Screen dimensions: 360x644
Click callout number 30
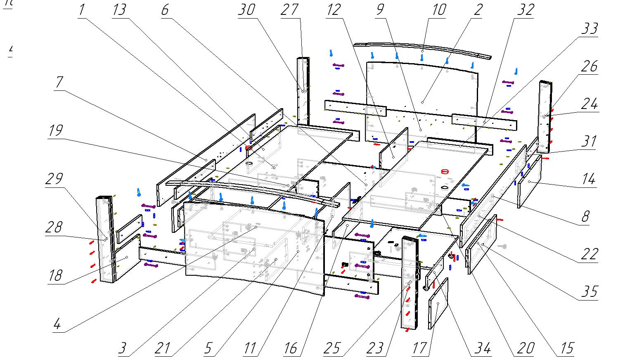[246, 10]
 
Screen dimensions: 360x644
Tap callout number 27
[289, 10]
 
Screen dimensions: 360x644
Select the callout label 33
[589, 29]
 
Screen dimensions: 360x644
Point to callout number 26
[590, 66]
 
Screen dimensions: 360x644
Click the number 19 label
[55, 131]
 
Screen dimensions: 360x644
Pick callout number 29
[54, 179]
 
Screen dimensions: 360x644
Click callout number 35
[589, 292]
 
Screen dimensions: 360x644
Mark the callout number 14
[588, 180]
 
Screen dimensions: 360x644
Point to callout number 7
[59, 82]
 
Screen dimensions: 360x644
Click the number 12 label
[334, 10]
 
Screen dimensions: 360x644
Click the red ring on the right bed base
[445, 171]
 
